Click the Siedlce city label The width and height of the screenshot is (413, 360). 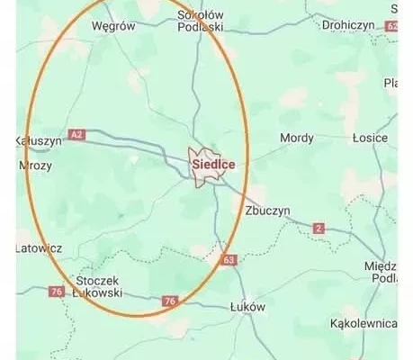(215, 165)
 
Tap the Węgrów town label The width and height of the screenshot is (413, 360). (113, 26)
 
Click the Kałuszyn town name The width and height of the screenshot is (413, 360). (38, 141)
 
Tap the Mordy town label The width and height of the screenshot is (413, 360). (297, 138)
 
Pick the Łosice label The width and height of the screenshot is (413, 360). (370, 138)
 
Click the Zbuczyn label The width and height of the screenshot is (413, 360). (267, 210)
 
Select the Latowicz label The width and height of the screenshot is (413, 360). (39, 247)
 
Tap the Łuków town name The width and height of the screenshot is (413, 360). (248, 306)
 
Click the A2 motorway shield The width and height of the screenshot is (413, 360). (78, 135)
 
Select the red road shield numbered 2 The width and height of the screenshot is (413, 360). (319, 229)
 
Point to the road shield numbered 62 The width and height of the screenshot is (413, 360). (391, 27)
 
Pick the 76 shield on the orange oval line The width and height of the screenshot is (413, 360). (169, 301)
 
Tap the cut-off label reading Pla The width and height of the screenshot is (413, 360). (391, 83)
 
